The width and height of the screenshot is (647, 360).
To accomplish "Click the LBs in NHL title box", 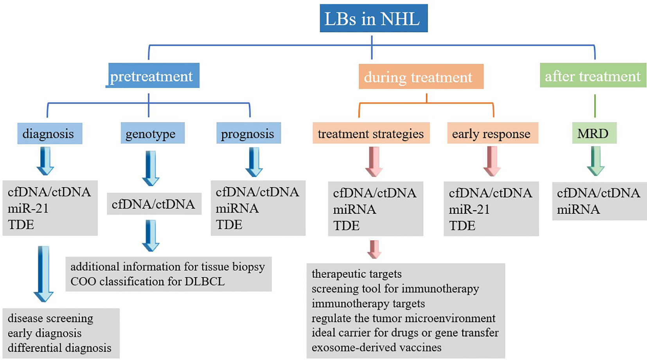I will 373,18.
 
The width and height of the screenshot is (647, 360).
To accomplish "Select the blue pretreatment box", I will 153,76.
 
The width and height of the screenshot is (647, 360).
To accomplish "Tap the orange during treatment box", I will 421,77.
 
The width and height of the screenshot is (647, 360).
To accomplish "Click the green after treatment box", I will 593,75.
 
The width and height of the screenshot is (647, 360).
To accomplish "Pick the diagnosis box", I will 49,134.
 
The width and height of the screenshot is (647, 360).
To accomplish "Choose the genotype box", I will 152,134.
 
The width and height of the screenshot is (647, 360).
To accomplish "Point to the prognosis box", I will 248,134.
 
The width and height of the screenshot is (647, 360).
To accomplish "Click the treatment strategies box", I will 370,134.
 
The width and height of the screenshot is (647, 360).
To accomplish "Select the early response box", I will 492,134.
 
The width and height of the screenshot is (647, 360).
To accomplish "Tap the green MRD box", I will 594,134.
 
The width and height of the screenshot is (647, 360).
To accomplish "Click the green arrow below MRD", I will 595,161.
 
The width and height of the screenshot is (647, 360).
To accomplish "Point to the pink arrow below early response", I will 492,161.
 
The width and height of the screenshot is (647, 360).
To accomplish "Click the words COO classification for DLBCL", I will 147,281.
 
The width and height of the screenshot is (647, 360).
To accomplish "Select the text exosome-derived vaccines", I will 376,347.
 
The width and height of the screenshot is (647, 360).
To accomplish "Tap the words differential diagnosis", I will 59,348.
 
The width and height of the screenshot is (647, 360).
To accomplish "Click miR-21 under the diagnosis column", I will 28,208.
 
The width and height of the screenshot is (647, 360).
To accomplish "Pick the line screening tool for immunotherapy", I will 395,289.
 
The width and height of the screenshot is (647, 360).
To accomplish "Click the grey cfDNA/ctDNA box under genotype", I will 154,204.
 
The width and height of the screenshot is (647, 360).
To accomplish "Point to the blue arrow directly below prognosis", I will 254,162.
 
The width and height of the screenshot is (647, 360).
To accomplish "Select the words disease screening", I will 50,318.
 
